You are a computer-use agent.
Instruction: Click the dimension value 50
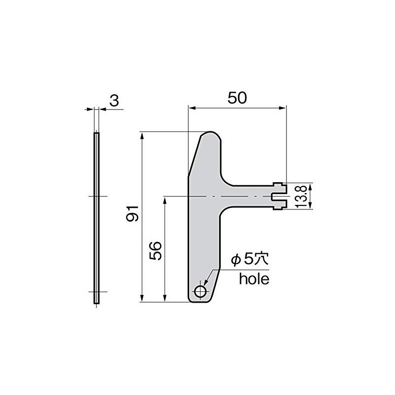click(x=237, y=98)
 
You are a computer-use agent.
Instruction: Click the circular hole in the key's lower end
click(x=200, y=292)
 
